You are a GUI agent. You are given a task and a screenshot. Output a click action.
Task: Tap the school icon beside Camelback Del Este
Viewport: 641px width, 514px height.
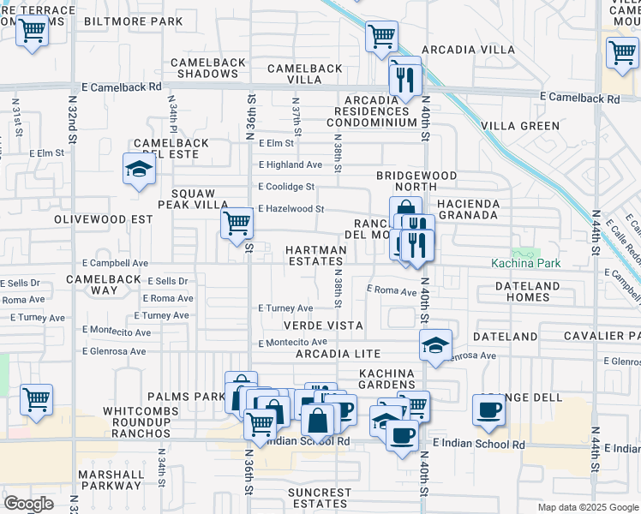tap(138, 170)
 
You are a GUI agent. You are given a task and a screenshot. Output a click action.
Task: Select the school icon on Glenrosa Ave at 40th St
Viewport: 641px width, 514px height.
tap(435, 345)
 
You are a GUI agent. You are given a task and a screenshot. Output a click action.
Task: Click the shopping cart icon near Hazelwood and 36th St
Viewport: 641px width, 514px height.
tap(237, 223)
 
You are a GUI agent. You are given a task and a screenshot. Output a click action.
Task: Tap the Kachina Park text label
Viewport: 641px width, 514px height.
tap(526, 263)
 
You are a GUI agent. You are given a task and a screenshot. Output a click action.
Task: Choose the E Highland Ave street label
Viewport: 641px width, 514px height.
tap(291, 164)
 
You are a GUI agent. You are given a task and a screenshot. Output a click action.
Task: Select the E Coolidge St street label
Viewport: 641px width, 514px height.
tap(287, 186)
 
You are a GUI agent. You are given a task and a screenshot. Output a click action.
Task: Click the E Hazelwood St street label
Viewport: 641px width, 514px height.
tap(291, 208)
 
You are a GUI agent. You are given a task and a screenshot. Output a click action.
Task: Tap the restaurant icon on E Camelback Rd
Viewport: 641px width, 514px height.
tap(404, 80)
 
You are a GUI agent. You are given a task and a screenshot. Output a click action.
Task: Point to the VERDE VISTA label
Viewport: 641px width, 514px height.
tap(325, 326)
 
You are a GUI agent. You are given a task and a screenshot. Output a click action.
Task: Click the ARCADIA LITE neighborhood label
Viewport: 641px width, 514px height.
tap(338, 354)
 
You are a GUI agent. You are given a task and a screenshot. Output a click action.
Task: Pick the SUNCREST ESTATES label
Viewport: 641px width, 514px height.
tap(320, 499)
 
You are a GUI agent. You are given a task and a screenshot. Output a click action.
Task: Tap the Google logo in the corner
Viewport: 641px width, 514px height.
tap(28, 504)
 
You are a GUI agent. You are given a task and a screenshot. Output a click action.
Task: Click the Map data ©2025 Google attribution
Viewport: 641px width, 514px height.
tap(587, 507)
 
